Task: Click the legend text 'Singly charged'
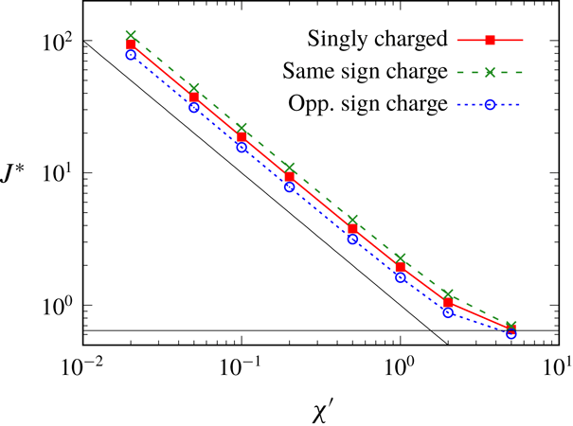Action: (377, 40)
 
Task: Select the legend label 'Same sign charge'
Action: (366, 71)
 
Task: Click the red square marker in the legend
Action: (491, 40)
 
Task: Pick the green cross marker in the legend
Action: (491, 71)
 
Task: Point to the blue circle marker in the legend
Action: (491, 103)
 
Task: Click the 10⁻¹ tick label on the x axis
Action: (242, 365)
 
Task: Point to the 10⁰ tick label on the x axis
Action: (400, 365)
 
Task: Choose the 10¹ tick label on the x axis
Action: (557, 365)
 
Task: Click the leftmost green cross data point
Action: (132, 35)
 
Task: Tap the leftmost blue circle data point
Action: (132, 55)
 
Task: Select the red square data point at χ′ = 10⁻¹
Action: (242, 136)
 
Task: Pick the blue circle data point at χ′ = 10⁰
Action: (400, 277)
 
